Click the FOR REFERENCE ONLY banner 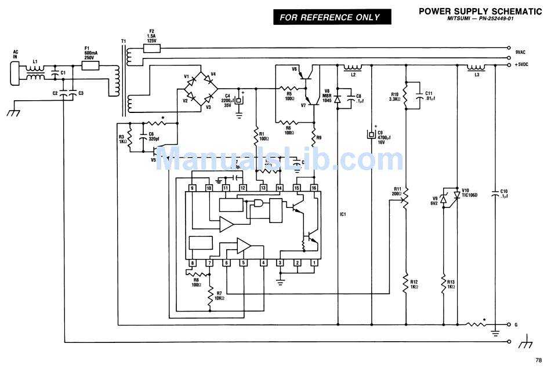click(x=330, y=17)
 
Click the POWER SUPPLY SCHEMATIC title click(x=480, y=11)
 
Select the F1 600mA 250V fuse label click(x=89, y=53)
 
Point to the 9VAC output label click(x=520, y=52)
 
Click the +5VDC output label click(x=522, y=65)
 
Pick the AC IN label click(x=16, y=55)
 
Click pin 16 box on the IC click(x=314, y=188)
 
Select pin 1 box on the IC click(x=314, y=263)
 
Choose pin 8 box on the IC click(x=193, y=263)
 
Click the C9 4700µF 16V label click(x=383, y=136)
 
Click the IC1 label click(x=343, y=214)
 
